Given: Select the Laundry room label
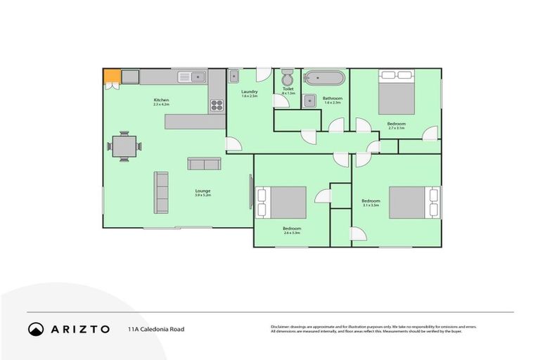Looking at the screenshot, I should (250, 93).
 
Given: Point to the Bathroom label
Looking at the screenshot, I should (332, 98).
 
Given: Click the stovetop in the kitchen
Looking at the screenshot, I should (217, 106).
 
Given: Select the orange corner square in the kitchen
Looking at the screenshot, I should (111, 76).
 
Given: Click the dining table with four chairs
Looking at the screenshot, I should (124, 146).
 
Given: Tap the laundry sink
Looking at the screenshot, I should (235, 76).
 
